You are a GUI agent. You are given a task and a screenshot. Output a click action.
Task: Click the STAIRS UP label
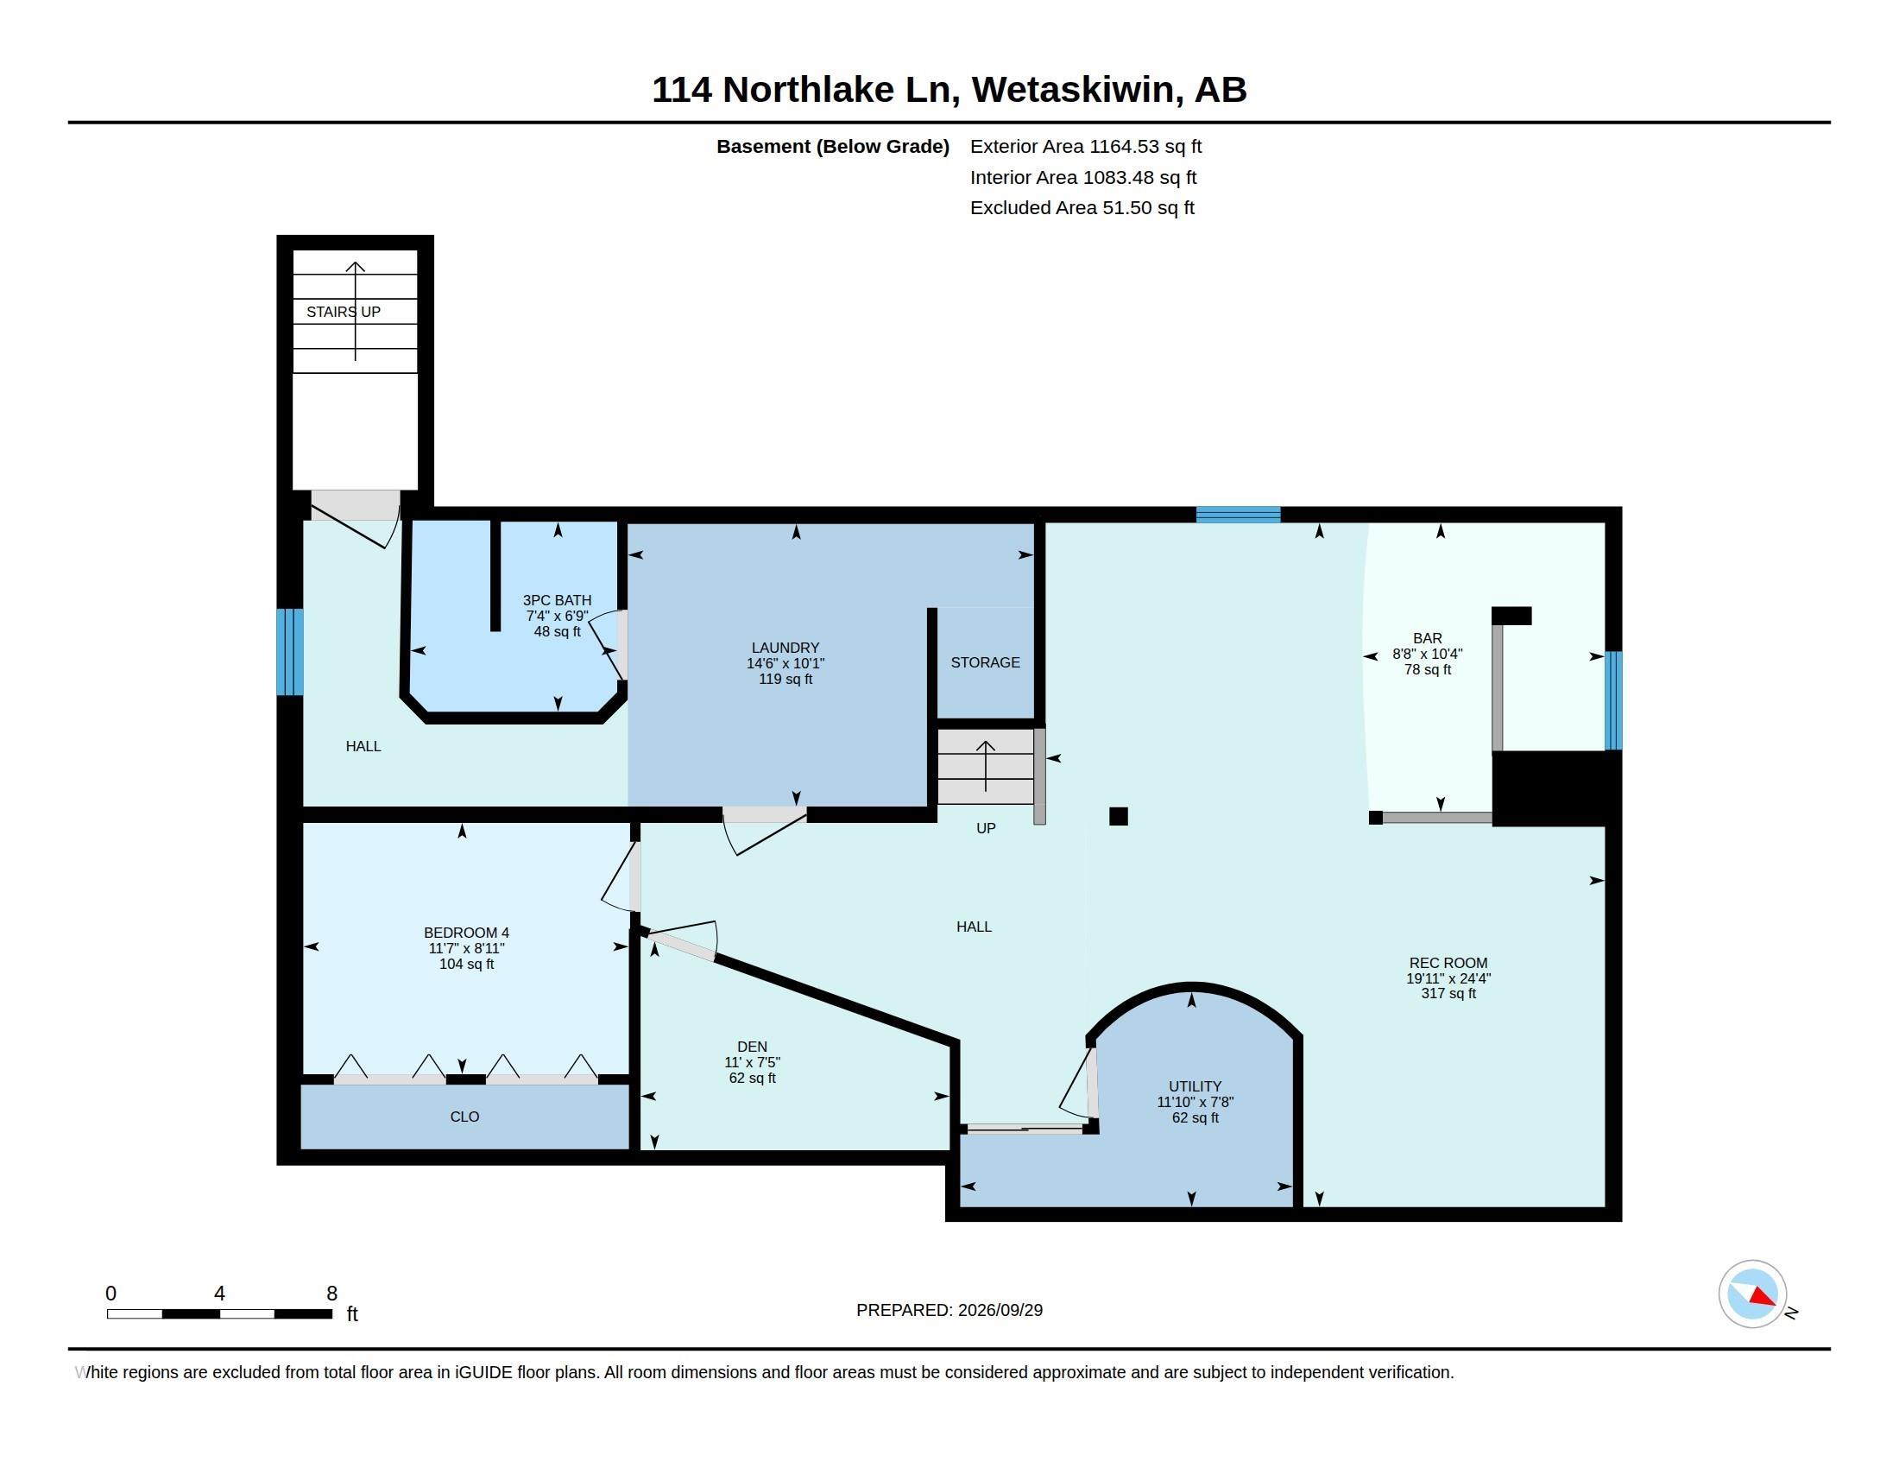[x=344, y=312]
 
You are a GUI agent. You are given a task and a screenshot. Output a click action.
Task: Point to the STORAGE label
[x=985, y=662]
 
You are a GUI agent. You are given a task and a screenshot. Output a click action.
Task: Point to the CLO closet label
[x=464, y=1117]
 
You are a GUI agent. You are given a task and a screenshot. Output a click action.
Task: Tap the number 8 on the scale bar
[x=331, y=1294]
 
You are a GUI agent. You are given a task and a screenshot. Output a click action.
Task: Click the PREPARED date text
[x=949, y=1310]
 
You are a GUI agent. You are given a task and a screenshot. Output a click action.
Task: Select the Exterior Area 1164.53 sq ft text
[x=1086, y=146]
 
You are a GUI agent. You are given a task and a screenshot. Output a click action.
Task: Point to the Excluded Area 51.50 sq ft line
[x=1082, y=207]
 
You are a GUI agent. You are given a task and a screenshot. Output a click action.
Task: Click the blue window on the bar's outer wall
[x=1613, y=700]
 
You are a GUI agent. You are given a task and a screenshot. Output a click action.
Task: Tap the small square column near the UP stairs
[x=1118, y=816]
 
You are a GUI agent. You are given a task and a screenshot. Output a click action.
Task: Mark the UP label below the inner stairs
[x=985, y=828]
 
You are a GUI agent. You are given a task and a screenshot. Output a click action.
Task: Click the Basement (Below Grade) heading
[x=832, y=146]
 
